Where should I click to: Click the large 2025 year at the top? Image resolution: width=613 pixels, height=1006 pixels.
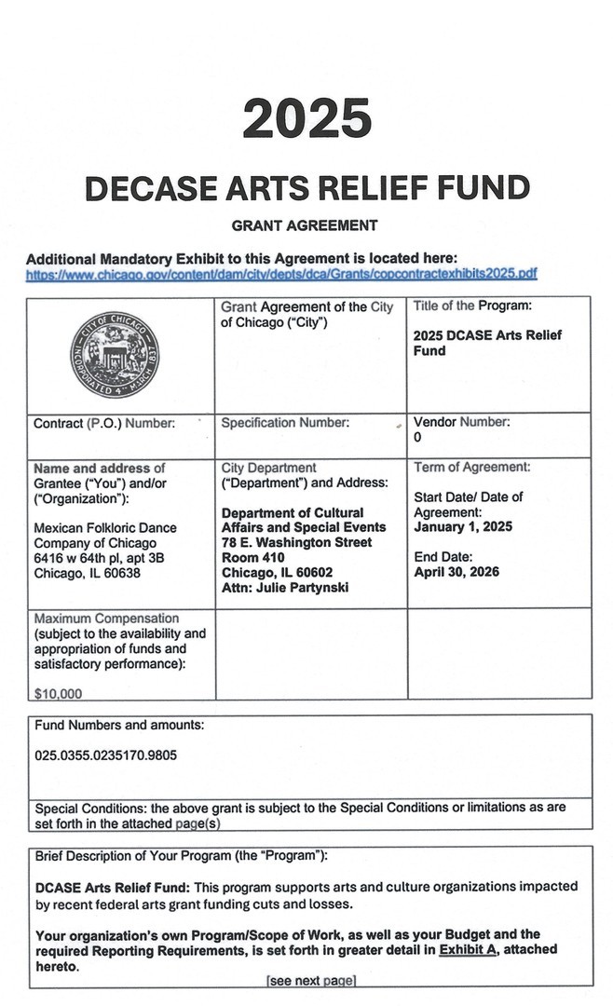306,119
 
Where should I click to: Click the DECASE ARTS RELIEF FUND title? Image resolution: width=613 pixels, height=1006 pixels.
306,188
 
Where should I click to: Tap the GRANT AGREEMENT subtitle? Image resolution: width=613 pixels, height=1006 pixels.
305,225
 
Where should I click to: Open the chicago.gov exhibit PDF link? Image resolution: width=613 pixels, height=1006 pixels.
281,274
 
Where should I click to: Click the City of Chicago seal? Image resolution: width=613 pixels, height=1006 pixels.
115,355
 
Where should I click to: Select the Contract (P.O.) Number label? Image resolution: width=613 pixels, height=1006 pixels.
104,424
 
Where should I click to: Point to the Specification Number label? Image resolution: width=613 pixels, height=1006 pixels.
285,423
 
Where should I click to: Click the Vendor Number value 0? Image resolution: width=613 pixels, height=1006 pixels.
417,437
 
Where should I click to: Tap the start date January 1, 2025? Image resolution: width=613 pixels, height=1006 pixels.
463,527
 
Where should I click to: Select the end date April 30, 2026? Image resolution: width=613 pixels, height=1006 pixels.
456,572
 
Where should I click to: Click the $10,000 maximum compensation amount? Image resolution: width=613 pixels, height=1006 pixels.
58,693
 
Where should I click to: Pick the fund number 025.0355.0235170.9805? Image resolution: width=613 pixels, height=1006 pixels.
105,755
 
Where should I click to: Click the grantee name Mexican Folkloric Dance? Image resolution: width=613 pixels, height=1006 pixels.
104,528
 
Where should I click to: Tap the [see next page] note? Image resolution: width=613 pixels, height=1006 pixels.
311,980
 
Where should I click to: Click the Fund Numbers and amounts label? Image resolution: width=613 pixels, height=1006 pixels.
119,725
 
